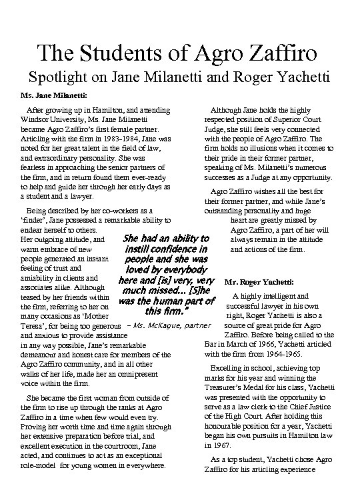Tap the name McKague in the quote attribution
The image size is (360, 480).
[x=158, y=325]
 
